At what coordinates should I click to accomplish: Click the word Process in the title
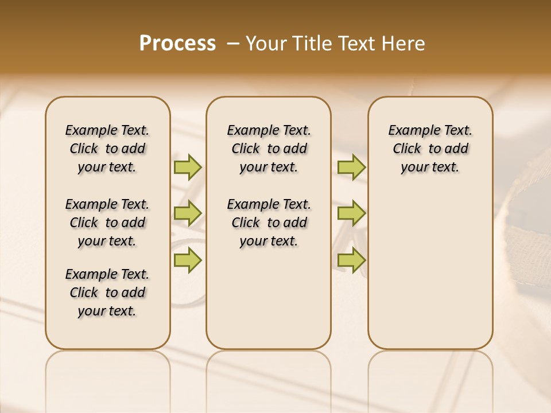click(x=177, y=44)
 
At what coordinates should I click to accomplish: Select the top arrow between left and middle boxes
click(x=188, y=167)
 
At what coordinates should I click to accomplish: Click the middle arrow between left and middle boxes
click(x=188, y=213)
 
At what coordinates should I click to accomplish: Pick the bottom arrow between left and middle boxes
click(x=188, y=260)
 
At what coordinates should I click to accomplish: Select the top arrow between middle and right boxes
click(x=351, y=167)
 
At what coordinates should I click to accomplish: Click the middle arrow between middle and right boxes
click(x=351, y=213)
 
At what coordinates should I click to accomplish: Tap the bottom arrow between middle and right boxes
click(x=351, y=260)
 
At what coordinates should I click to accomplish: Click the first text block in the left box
click(x=107, y=149)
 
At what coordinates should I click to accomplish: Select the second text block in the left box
click(x=107, y=223)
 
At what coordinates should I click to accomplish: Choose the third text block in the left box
click(x=107, y=293)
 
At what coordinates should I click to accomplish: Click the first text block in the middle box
click(x=269, y=149)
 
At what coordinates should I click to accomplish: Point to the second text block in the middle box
click(x=269, y=223)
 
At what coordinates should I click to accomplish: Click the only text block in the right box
click(x=430, y=149)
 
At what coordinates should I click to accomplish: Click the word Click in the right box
click(x=407, y=149)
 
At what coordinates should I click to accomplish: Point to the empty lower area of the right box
click(x=430, y=270)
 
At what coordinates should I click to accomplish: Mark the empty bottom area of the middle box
click(x=269, y=304)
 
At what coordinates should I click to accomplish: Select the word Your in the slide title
click(x=266, y=44)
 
